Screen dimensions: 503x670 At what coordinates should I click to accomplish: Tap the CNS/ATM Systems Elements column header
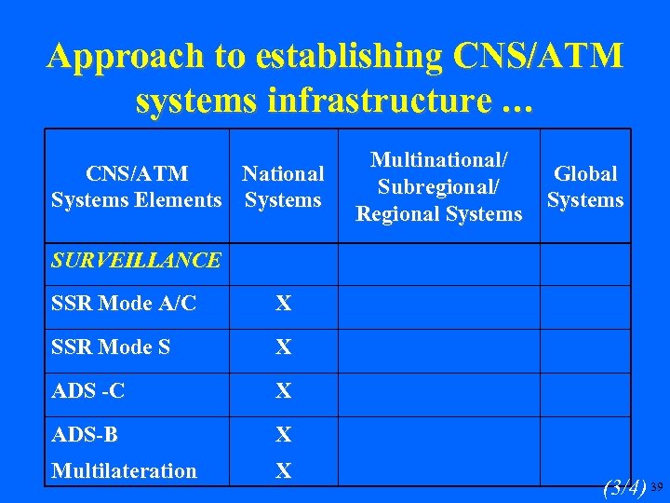[x=137, y=186]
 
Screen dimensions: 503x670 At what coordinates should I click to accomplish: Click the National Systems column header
[x=283, y=186]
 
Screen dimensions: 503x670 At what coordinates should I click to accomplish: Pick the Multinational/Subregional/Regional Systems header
[x=439, y=187]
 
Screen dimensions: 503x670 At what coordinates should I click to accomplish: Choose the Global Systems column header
[x=585, y=186]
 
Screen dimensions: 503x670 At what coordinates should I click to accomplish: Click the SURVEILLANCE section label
[x=137, y=260]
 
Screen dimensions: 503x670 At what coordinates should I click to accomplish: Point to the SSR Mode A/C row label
[x=124, y=304]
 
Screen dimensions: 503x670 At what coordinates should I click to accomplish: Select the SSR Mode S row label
[x=111, y=347]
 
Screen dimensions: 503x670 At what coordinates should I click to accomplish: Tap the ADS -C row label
[x=88, y=391]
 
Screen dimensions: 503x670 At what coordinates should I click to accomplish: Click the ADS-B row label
[x=85, y=434]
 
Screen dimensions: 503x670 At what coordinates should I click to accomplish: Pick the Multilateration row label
[x=124, y=471]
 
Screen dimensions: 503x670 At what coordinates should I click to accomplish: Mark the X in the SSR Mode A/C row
[x=284, y=304]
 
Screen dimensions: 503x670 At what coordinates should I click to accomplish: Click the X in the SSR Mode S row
[x=284, y=347]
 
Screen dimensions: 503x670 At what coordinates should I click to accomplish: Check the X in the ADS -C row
[x=284, y=391]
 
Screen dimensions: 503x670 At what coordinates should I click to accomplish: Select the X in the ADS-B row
[x=284, y=434]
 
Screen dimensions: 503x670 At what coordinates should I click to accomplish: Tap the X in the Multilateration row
[x=284, y=471]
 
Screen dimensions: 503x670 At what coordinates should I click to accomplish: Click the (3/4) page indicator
[x=624, y=486]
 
